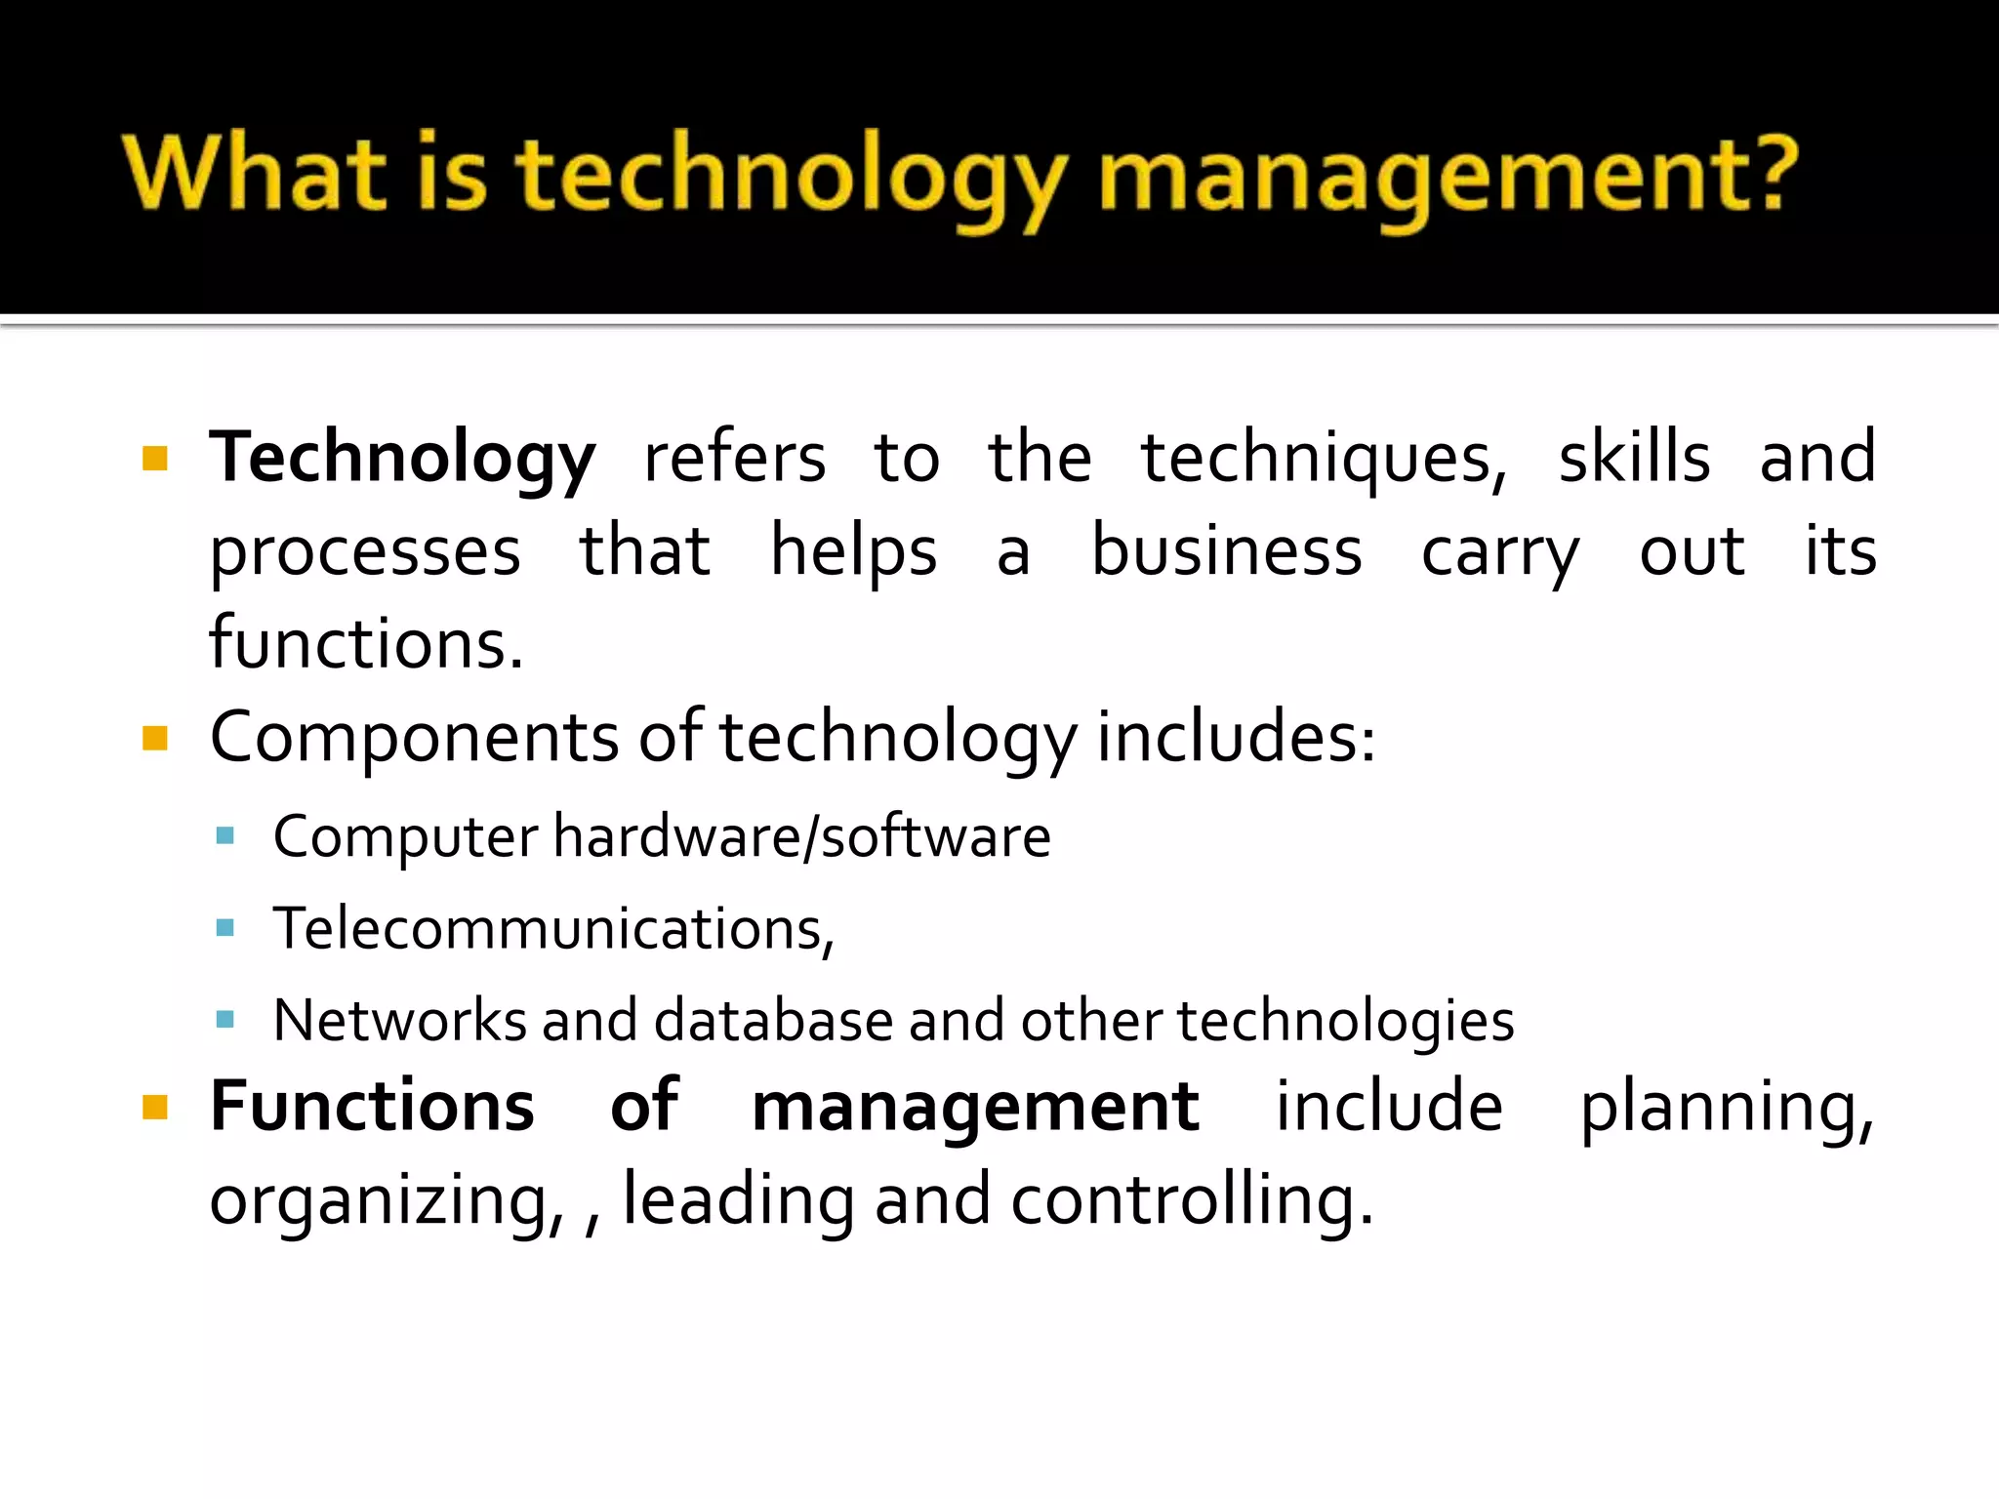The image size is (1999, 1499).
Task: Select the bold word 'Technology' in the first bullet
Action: pyautogui.click(x=402, y=458)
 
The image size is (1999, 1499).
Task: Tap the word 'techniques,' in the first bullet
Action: pyautogui.click(x=1324, y=458)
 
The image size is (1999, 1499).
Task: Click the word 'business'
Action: pyautogui.click(x=1226, y=550)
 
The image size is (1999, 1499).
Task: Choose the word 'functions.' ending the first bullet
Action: pyautogui.click(x=366, y=643)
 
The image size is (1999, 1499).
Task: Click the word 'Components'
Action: pyautogui.click(x=414, y=738)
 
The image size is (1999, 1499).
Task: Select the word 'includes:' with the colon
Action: pyautogui.click(x=1236, y=736)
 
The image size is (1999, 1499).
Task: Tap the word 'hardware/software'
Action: pyautogui.click(x=801, y=837)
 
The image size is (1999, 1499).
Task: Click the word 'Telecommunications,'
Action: pyautogui.click(x=553, y=928)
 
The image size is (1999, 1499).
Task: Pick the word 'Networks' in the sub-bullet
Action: pyautogui.click(x=400, y=1021)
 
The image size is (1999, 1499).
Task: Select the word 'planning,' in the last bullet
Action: pyautogui.click(x=1726, y=1108)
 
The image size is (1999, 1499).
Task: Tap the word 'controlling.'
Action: pyautogui.click(x=1192, y=1199)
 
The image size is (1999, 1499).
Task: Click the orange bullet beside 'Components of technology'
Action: pyautogui.click(x=155, y=738)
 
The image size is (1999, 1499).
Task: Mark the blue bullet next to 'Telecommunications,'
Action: pyautogui.click(x=225, y=927)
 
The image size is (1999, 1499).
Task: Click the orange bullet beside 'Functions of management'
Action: pyautogui.click(x=155, y=1107)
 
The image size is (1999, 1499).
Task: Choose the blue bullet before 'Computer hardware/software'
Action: pyautogui.click(x=225, y=835)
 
